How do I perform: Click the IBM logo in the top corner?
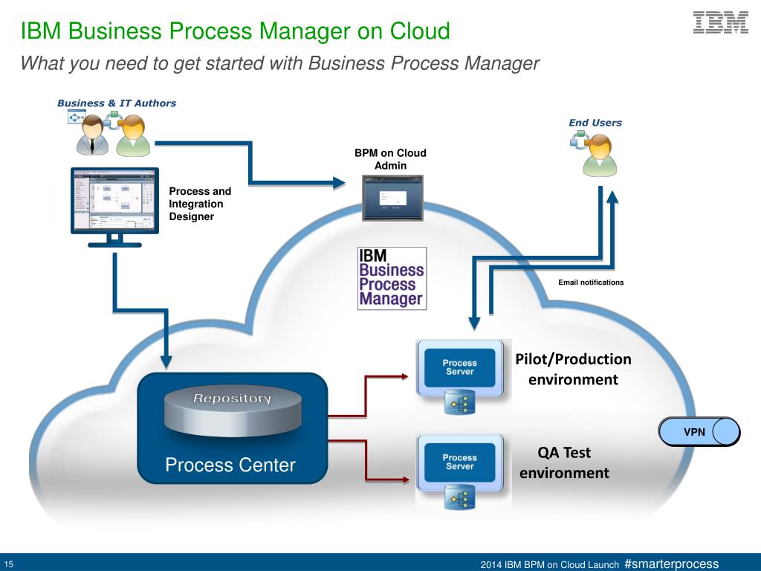click(721, 23)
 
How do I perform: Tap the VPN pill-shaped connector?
click(699, 432)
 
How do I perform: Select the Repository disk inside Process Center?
click(233, 410)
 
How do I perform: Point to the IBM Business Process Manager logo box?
click(392, 278)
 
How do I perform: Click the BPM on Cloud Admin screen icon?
click(392, 198)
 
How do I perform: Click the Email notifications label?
click(591, 282)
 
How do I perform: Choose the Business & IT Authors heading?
click(117, 103)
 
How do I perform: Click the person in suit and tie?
click(92, 135)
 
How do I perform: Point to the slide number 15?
click(9, 565)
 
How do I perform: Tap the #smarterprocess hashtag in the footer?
click(671, 564)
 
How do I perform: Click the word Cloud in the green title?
click(420, 30)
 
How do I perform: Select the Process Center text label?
click(230, 465)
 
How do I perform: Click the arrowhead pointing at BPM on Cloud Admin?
click(339, 183)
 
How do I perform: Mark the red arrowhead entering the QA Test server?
click(404, 480)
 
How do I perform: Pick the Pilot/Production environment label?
click(573, 369)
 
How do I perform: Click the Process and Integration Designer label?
click(200, 204)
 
